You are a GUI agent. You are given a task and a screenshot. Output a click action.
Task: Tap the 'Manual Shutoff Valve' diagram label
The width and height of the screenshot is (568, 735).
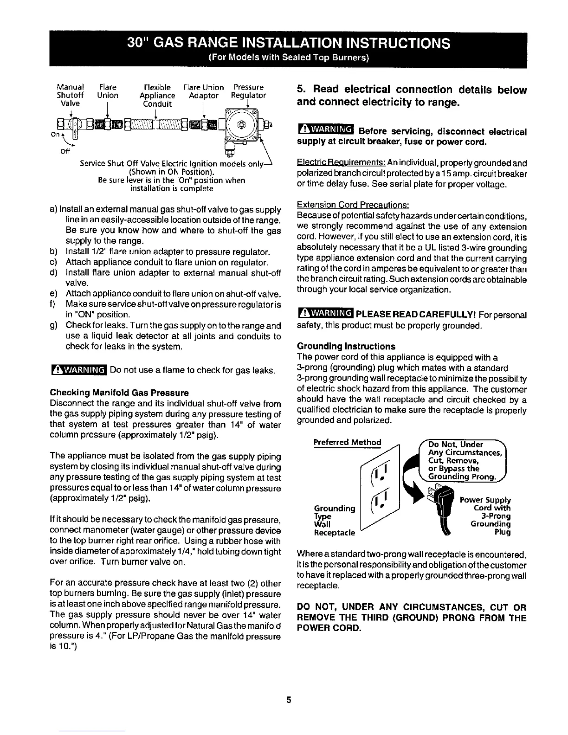pos(70,95)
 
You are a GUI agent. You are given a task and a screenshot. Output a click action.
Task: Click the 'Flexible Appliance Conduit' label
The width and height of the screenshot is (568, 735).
pos(157,95)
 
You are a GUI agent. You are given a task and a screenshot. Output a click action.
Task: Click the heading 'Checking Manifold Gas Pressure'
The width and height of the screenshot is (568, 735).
pos(119,393)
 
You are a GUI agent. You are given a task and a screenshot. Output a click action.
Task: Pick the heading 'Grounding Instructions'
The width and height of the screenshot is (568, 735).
pos(346,346)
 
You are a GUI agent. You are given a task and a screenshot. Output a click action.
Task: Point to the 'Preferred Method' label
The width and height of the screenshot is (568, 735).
pos(348,442)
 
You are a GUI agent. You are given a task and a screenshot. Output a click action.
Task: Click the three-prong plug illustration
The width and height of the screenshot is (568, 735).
pos(442,510)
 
